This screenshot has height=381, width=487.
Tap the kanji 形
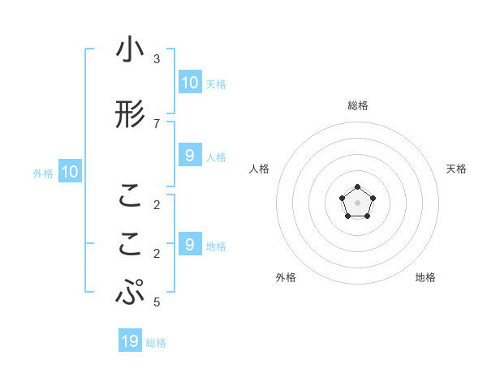pos(130,116)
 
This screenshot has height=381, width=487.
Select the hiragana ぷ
pos(130,292)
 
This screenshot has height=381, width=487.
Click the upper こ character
pos(130,196)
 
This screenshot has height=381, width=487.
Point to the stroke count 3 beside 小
pos(157,59)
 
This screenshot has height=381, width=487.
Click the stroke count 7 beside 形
pos(157,123)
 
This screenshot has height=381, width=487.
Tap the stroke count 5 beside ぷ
pos(157,303)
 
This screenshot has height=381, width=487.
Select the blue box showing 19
pos(130,341)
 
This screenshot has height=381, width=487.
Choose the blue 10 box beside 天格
pos(189,82)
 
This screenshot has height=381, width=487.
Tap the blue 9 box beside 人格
pos(189,156)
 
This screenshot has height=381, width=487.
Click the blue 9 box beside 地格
pos(189,244)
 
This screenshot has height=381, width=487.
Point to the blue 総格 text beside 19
pos(156,343)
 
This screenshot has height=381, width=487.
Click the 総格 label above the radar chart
pos(357,105)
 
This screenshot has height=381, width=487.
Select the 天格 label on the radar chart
pos(457,169)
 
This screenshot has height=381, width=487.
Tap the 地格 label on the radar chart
pos(425,277)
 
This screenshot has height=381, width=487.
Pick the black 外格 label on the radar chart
pos(286,277)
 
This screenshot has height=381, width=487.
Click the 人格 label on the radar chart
pos(259,169)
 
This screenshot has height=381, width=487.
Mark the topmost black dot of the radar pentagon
pos(357,187)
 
